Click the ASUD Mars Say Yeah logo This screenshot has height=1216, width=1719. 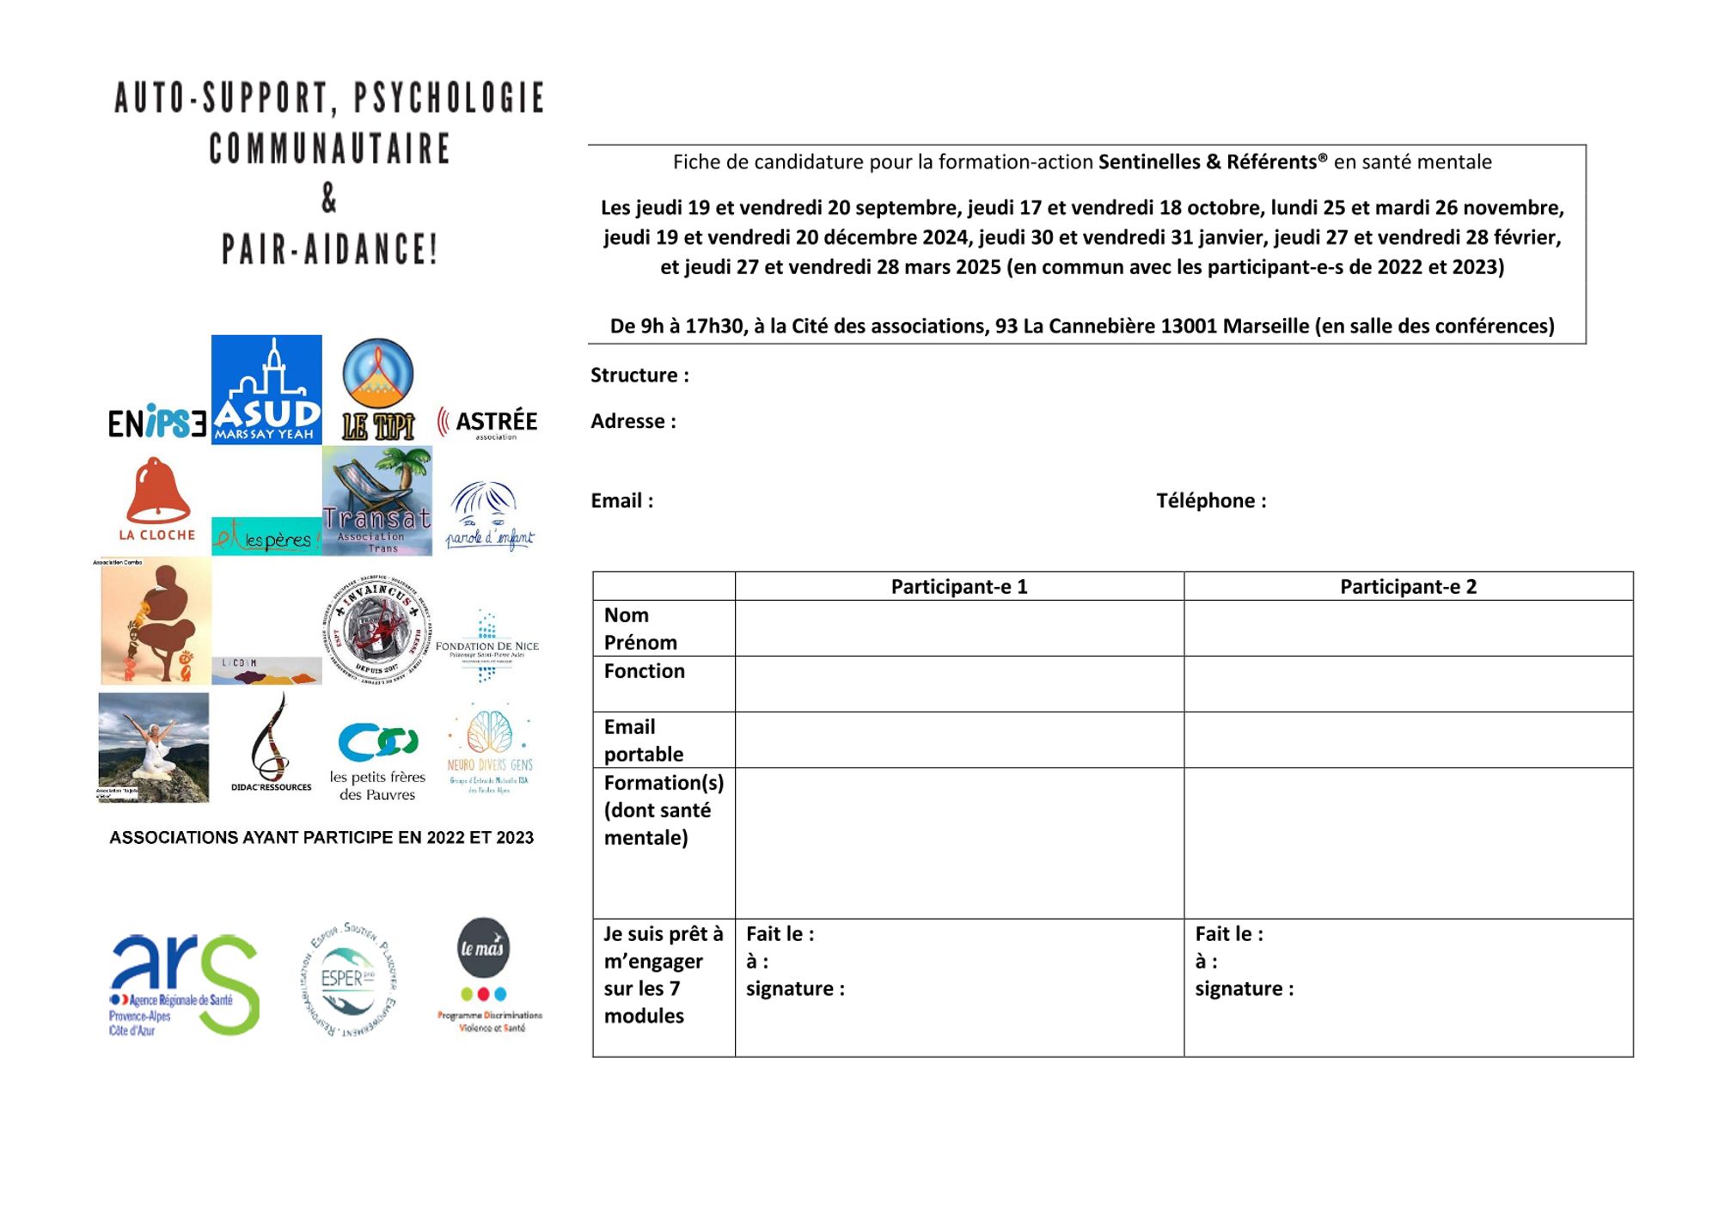pos(266,389)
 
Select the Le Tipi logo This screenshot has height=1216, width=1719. pos(378,389)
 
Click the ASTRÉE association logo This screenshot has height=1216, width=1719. pos(488,423)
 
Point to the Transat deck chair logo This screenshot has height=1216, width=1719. pos(377,500)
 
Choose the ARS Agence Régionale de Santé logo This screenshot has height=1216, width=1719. pos(184,984)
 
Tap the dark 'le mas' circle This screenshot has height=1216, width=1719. pos(482,947)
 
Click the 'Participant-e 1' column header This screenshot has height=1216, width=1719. pos(959,587)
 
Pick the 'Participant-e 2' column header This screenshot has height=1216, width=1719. pos(1408,587)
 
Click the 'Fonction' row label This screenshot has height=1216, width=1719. pos(645,671)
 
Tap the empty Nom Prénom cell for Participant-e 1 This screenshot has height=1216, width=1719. pos(959,628)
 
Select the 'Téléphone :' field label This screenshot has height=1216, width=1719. pos(1211,501)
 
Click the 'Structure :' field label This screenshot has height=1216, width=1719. pos(639,376)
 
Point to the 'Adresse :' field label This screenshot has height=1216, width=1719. pos(633,421)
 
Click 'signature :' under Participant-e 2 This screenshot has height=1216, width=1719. pos(1244,989)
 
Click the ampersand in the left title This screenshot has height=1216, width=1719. pos(329,199)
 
